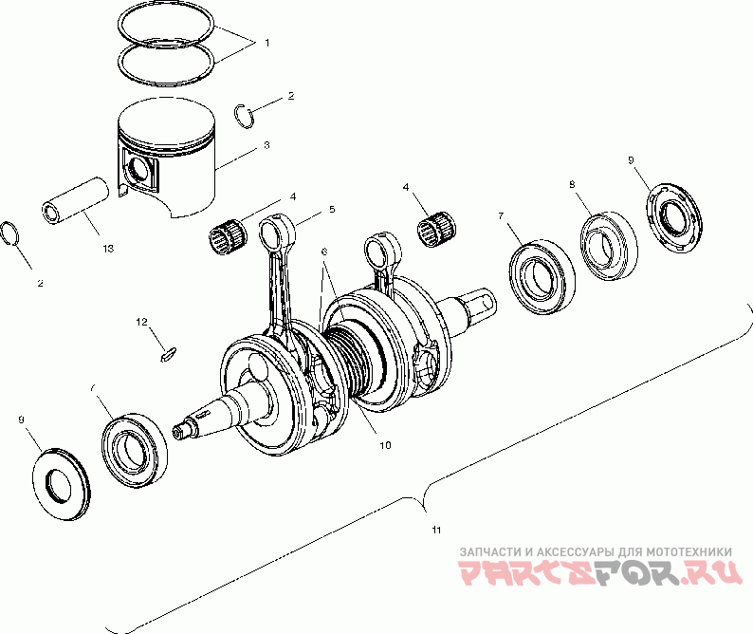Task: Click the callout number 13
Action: tap(108, 249)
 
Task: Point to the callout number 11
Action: tap(436, 530)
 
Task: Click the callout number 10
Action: tap(385, 445)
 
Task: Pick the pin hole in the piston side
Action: tap(140, 169)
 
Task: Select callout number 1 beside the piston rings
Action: tap(267, 43)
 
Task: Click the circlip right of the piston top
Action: tap(245, 116)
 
